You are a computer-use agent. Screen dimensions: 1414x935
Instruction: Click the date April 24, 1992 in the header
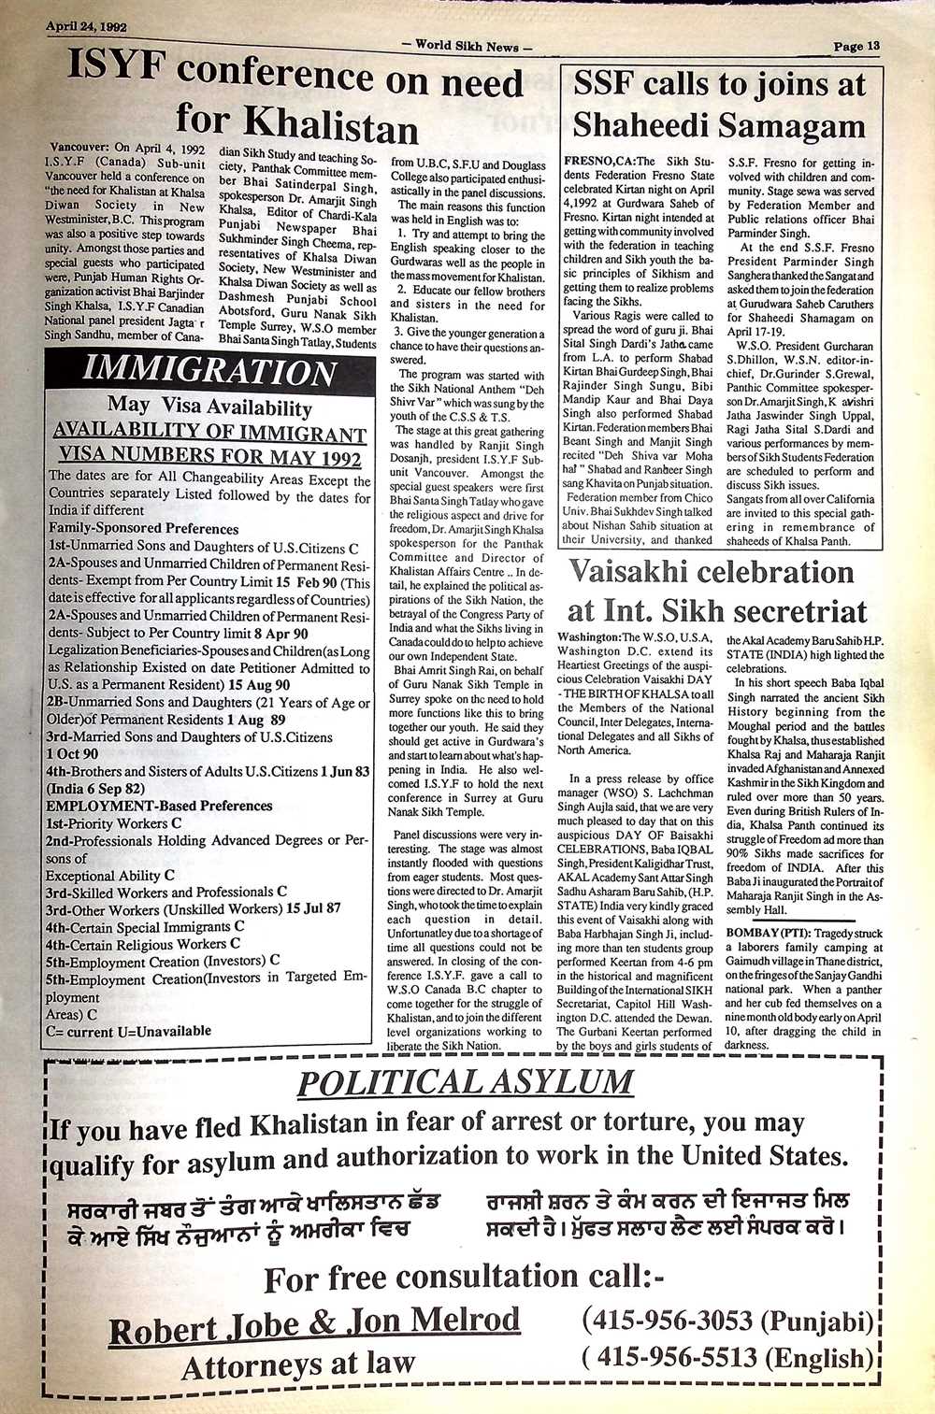(x=87, y=26)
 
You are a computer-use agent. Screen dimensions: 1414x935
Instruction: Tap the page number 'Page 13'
(x=856, y=46)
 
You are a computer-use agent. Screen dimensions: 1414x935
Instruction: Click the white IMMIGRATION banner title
(x=209, y=370)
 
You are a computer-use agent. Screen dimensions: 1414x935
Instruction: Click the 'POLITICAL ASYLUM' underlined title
(x=465, y=1081)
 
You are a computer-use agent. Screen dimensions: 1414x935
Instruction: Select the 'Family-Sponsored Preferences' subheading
(x=143, y=528)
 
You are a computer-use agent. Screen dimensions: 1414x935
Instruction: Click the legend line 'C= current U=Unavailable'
(x=127, y=1031)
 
